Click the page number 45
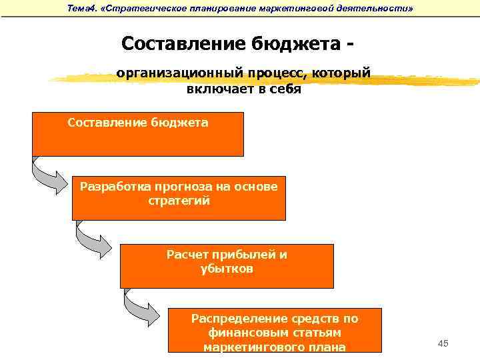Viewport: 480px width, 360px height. pos(443,343)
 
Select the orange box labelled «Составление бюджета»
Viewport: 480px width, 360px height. pos(138,134)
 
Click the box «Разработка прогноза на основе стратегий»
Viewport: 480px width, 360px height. pos(179,198)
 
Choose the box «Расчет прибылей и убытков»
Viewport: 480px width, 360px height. pos(227,266)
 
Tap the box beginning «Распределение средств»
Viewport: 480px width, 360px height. pos(275,330)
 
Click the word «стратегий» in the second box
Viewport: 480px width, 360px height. pos(179,200)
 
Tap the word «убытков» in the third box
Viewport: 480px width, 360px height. pos(227,269)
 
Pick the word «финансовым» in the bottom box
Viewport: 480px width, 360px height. pos(275,333)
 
